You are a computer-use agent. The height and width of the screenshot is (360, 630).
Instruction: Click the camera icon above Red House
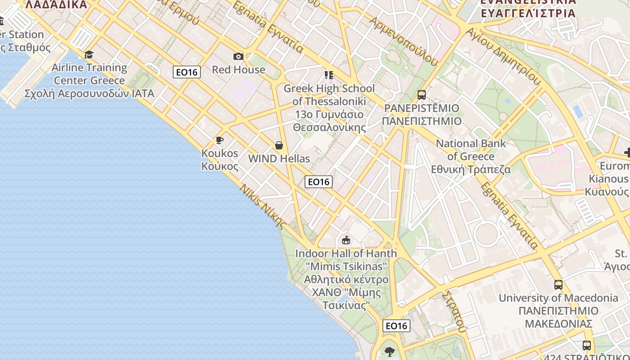tap(238, 56)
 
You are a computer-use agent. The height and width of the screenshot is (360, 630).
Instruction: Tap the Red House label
tap(238, 70)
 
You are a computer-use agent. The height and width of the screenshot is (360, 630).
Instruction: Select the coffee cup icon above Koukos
tap(220, 140)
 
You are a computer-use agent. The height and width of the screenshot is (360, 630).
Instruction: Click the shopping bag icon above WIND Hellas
tap(279, 145)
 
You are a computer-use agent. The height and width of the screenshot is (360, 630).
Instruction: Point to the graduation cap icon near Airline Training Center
tap(89, 55)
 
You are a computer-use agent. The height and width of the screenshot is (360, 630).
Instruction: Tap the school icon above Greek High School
tap(329, 75)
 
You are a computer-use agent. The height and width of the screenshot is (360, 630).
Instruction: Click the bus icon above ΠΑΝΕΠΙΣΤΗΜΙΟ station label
tap(422, 95)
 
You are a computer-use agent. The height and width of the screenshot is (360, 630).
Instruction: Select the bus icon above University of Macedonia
tap(558, 284)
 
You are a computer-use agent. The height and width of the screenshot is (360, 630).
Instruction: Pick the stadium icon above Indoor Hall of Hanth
tap(346, 240)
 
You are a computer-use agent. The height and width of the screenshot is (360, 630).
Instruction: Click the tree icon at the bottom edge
tap(390, 351)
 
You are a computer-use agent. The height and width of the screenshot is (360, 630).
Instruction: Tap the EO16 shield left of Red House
tap(187, 72)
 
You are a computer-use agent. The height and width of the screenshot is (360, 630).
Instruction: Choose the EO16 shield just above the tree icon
tap(396, 326)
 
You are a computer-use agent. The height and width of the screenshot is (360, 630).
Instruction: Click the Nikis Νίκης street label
tap(263, 207)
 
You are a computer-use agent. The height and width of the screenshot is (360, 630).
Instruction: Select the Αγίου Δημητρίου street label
tap(503, 56)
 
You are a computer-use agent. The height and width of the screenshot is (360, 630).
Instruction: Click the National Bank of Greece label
tap(471, 156)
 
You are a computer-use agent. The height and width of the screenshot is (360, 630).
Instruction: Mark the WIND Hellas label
tap(279, 159)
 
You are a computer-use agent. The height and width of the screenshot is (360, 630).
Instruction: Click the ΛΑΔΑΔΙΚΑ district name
tap(56, 4)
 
